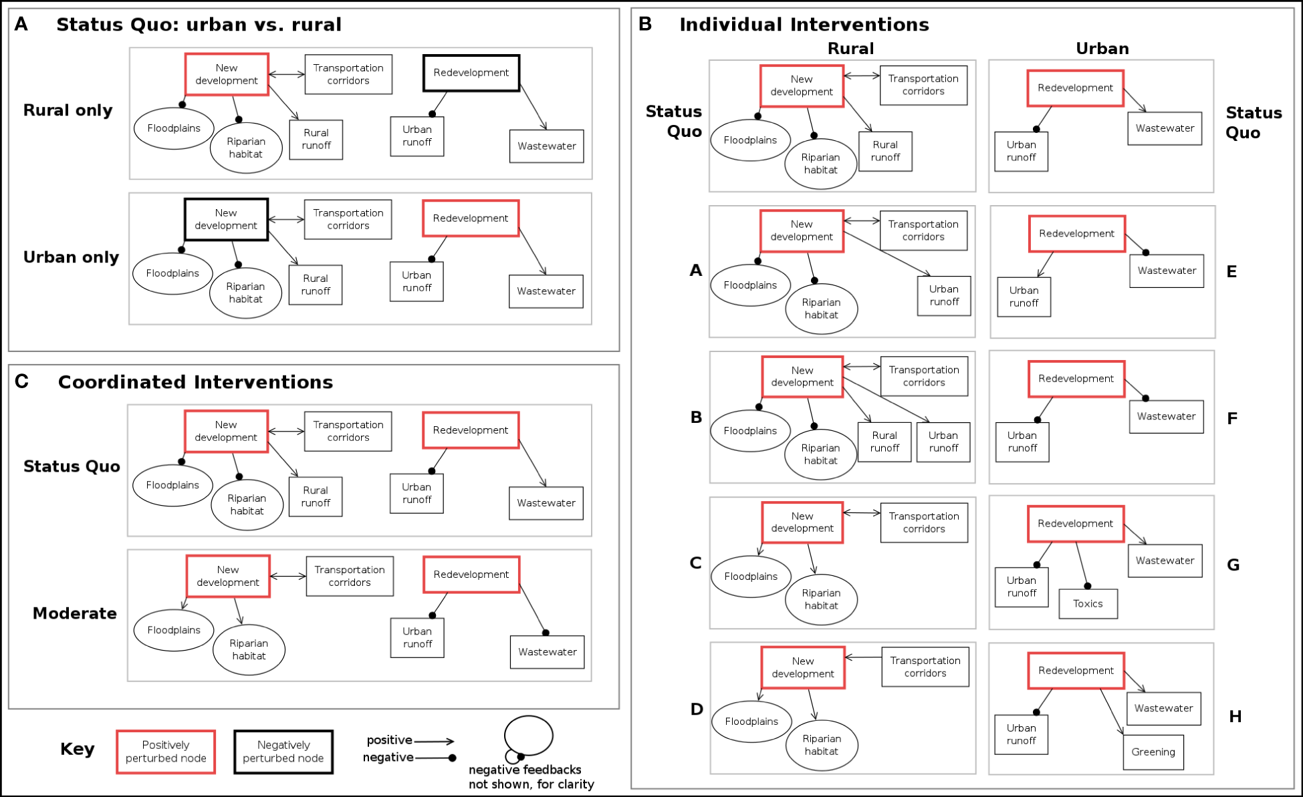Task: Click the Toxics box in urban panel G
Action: tap(1088, 603)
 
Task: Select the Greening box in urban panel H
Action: tap(1153, 752)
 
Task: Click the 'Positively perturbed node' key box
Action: tap(166, 752)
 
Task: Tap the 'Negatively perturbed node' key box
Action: tap(283, 752)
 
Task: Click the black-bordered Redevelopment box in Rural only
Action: tap(471, 73)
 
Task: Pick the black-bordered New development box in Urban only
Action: tap(226, 219)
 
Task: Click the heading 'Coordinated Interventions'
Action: tap(195, 382)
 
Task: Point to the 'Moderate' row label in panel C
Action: tap(75, 613)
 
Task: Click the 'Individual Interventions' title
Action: tap(804, 25)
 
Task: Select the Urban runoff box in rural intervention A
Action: tap(943, 295)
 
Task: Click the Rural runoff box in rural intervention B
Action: tap(884, 442)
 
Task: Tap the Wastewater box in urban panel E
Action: tap(1167, 271)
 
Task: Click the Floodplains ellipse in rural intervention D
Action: tap(751, 722)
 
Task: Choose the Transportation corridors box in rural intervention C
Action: tap(924, 522)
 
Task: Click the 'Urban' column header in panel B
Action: tap(1102, 49)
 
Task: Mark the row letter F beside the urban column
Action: tap(1232, 419)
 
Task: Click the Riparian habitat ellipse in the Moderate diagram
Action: tap(249, 649)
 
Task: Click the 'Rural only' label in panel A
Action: tap(68, 110)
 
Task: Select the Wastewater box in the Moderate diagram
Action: tap(547, 652)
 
